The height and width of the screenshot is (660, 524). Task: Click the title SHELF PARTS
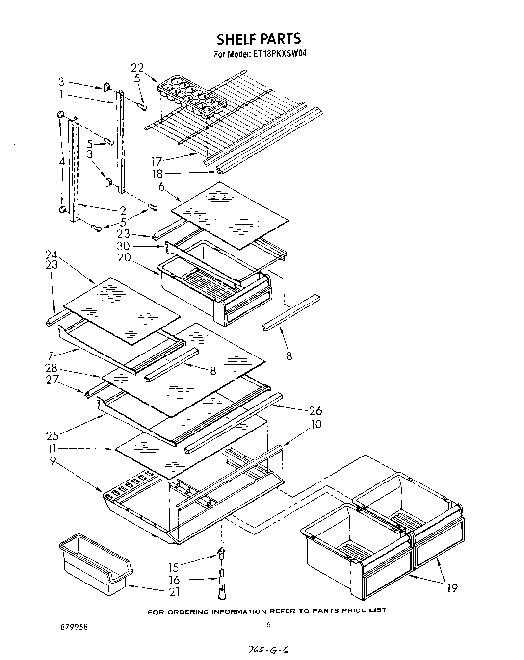[259, 38]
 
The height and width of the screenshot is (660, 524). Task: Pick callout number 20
[124, 257]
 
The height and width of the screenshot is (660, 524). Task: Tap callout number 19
[452, 588]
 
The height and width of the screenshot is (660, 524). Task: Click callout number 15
[173, 567]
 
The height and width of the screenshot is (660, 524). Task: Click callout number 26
[315, 411]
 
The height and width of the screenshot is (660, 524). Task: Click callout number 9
[52, 460]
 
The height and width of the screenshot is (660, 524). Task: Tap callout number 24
[51, 254]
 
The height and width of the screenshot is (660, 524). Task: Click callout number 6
[161, 187]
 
